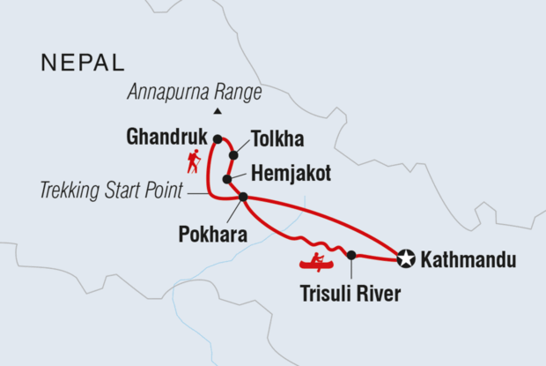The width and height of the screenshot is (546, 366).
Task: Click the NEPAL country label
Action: [x=83, y=63]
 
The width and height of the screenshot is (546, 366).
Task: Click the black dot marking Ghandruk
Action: [x=217, y=138]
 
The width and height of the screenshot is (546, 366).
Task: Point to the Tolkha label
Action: [x=277, y=139]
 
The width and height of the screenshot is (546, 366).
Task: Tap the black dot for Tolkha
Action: [x=233, y=156]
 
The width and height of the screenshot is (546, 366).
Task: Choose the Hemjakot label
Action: [x=291, y=174]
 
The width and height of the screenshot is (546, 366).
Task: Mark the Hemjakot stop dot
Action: [x=227, y=179]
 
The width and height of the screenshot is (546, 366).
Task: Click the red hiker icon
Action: [x=193, y=161]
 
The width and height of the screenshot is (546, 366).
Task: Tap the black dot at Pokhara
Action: [x=243, y=197]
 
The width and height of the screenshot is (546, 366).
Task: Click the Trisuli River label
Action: [x=350, y=295]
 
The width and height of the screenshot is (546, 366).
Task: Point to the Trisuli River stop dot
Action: [x=351, y=255]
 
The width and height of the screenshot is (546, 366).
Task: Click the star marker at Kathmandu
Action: [x=405, y=258]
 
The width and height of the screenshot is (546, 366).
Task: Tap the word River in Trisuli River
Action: [x=379, y=295]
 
